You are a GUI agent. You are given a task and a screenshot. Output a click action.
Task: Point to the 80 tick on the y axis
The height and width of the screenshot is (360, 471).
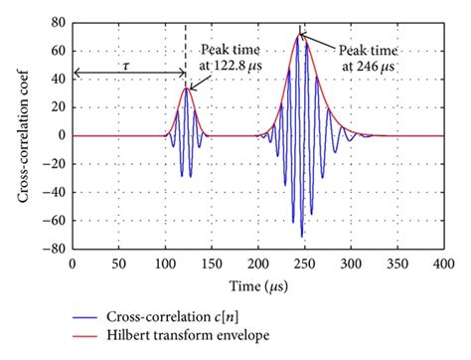coord(59,22)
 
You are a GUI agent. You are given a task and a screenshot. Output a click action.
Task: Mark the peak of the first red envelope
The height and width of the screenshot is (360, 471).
coord(186,88)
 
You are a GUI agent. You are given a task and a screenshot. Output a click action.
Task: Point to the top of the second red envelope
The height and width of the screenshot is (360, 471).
coord(301,35)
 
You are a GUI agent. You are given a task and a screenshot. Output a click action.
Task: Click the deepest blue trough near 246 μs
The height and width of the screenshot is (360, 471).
coord(302,236)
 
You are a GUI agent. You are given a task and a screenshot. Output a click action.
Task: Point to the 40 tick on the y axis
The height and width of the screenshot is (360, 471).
coord(59,79)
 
